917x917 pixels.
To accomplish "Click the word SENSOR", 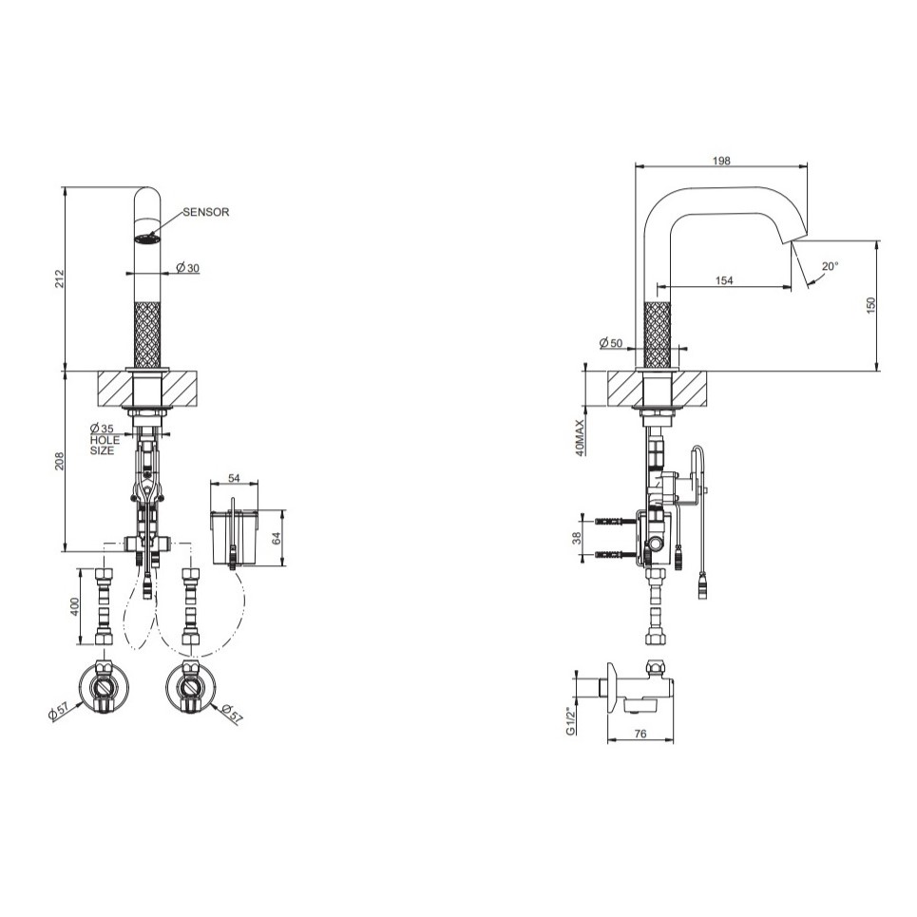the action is point(206,212).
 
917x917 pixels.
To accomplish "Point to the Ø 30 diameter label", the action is point(188,268).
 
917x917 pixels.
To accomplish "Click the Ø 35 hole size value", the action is point(102,429).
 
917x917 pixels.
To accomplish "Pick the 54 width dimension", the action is point(234,478).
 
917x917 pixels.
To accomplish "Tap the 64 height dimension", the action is point(277,538).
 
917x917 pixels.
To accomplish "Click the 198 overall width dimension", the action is point(721,161).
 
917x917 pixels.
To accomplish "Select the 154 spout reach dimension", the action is point(724,280).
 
